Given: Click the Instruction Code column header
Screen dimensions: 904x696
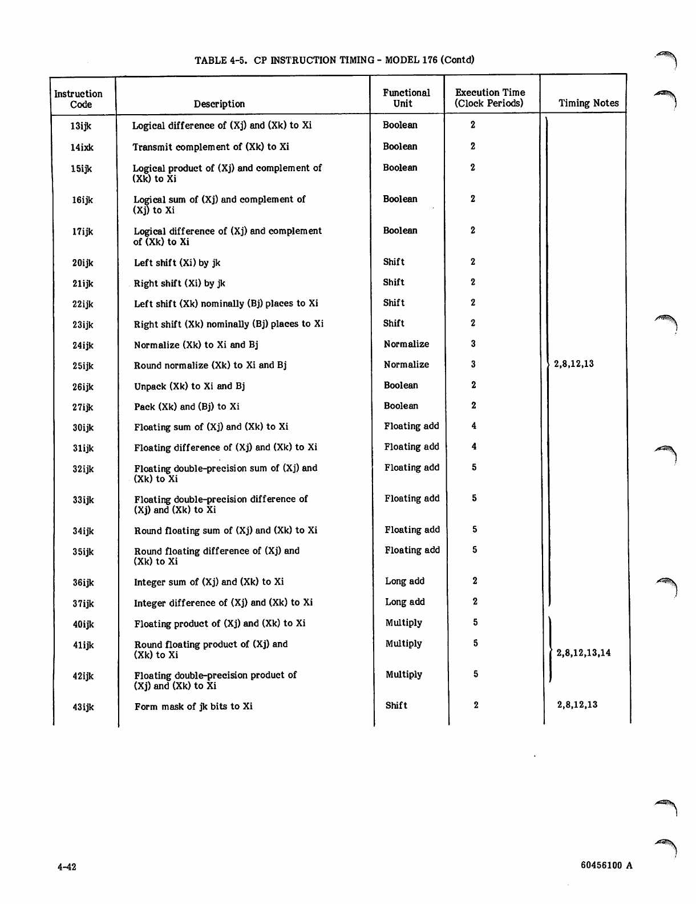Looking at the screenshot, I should coord(79,99).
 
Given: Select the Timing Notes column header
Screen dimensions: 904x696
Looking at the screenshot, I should coord(588,103).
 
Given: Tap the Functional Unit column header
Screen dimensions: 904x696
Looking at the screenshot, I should coord(406,98).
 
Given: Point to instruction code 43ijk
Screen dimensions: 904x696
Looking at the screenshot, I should coord(83,707).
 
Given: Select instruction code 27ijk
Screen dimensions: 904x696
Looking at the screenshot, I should coord(83,407).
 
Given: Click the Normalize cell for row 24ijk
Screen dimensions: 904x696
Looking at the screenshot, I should coord(406,344).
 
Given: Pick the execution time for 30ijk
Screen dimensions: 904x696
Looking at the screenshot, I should coord(474,426).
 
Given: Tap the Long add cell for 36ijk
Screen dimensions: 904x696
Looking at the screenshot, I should coord(404,581).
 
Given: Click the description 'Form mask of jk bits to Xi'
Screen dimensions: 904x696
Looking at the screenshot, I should coord(193,707).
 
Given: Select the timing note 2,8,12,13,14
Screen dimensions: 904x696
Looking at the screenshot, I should coord(584,653).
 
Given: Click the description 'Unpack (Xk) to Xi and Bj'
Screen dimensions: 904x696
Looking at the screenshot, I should coord(189,386).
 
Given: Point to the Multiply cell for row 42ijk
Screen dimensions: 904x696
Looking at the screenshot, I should coord(403,675).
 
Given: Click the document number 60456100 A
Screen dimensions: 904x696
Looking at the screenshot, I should coord(606,865).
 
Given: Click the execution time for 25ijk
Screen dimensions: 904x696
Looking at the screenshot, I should coord(474,364).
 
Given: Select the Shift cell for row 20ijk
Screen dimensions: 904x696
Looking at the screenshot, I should coord(394,262).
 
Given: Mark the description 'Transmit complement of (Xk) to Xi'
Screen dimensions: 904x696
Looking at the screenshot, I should coord(211,147).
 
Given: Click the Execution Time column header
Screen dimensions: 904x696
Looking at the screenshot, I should coord(489,98).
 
